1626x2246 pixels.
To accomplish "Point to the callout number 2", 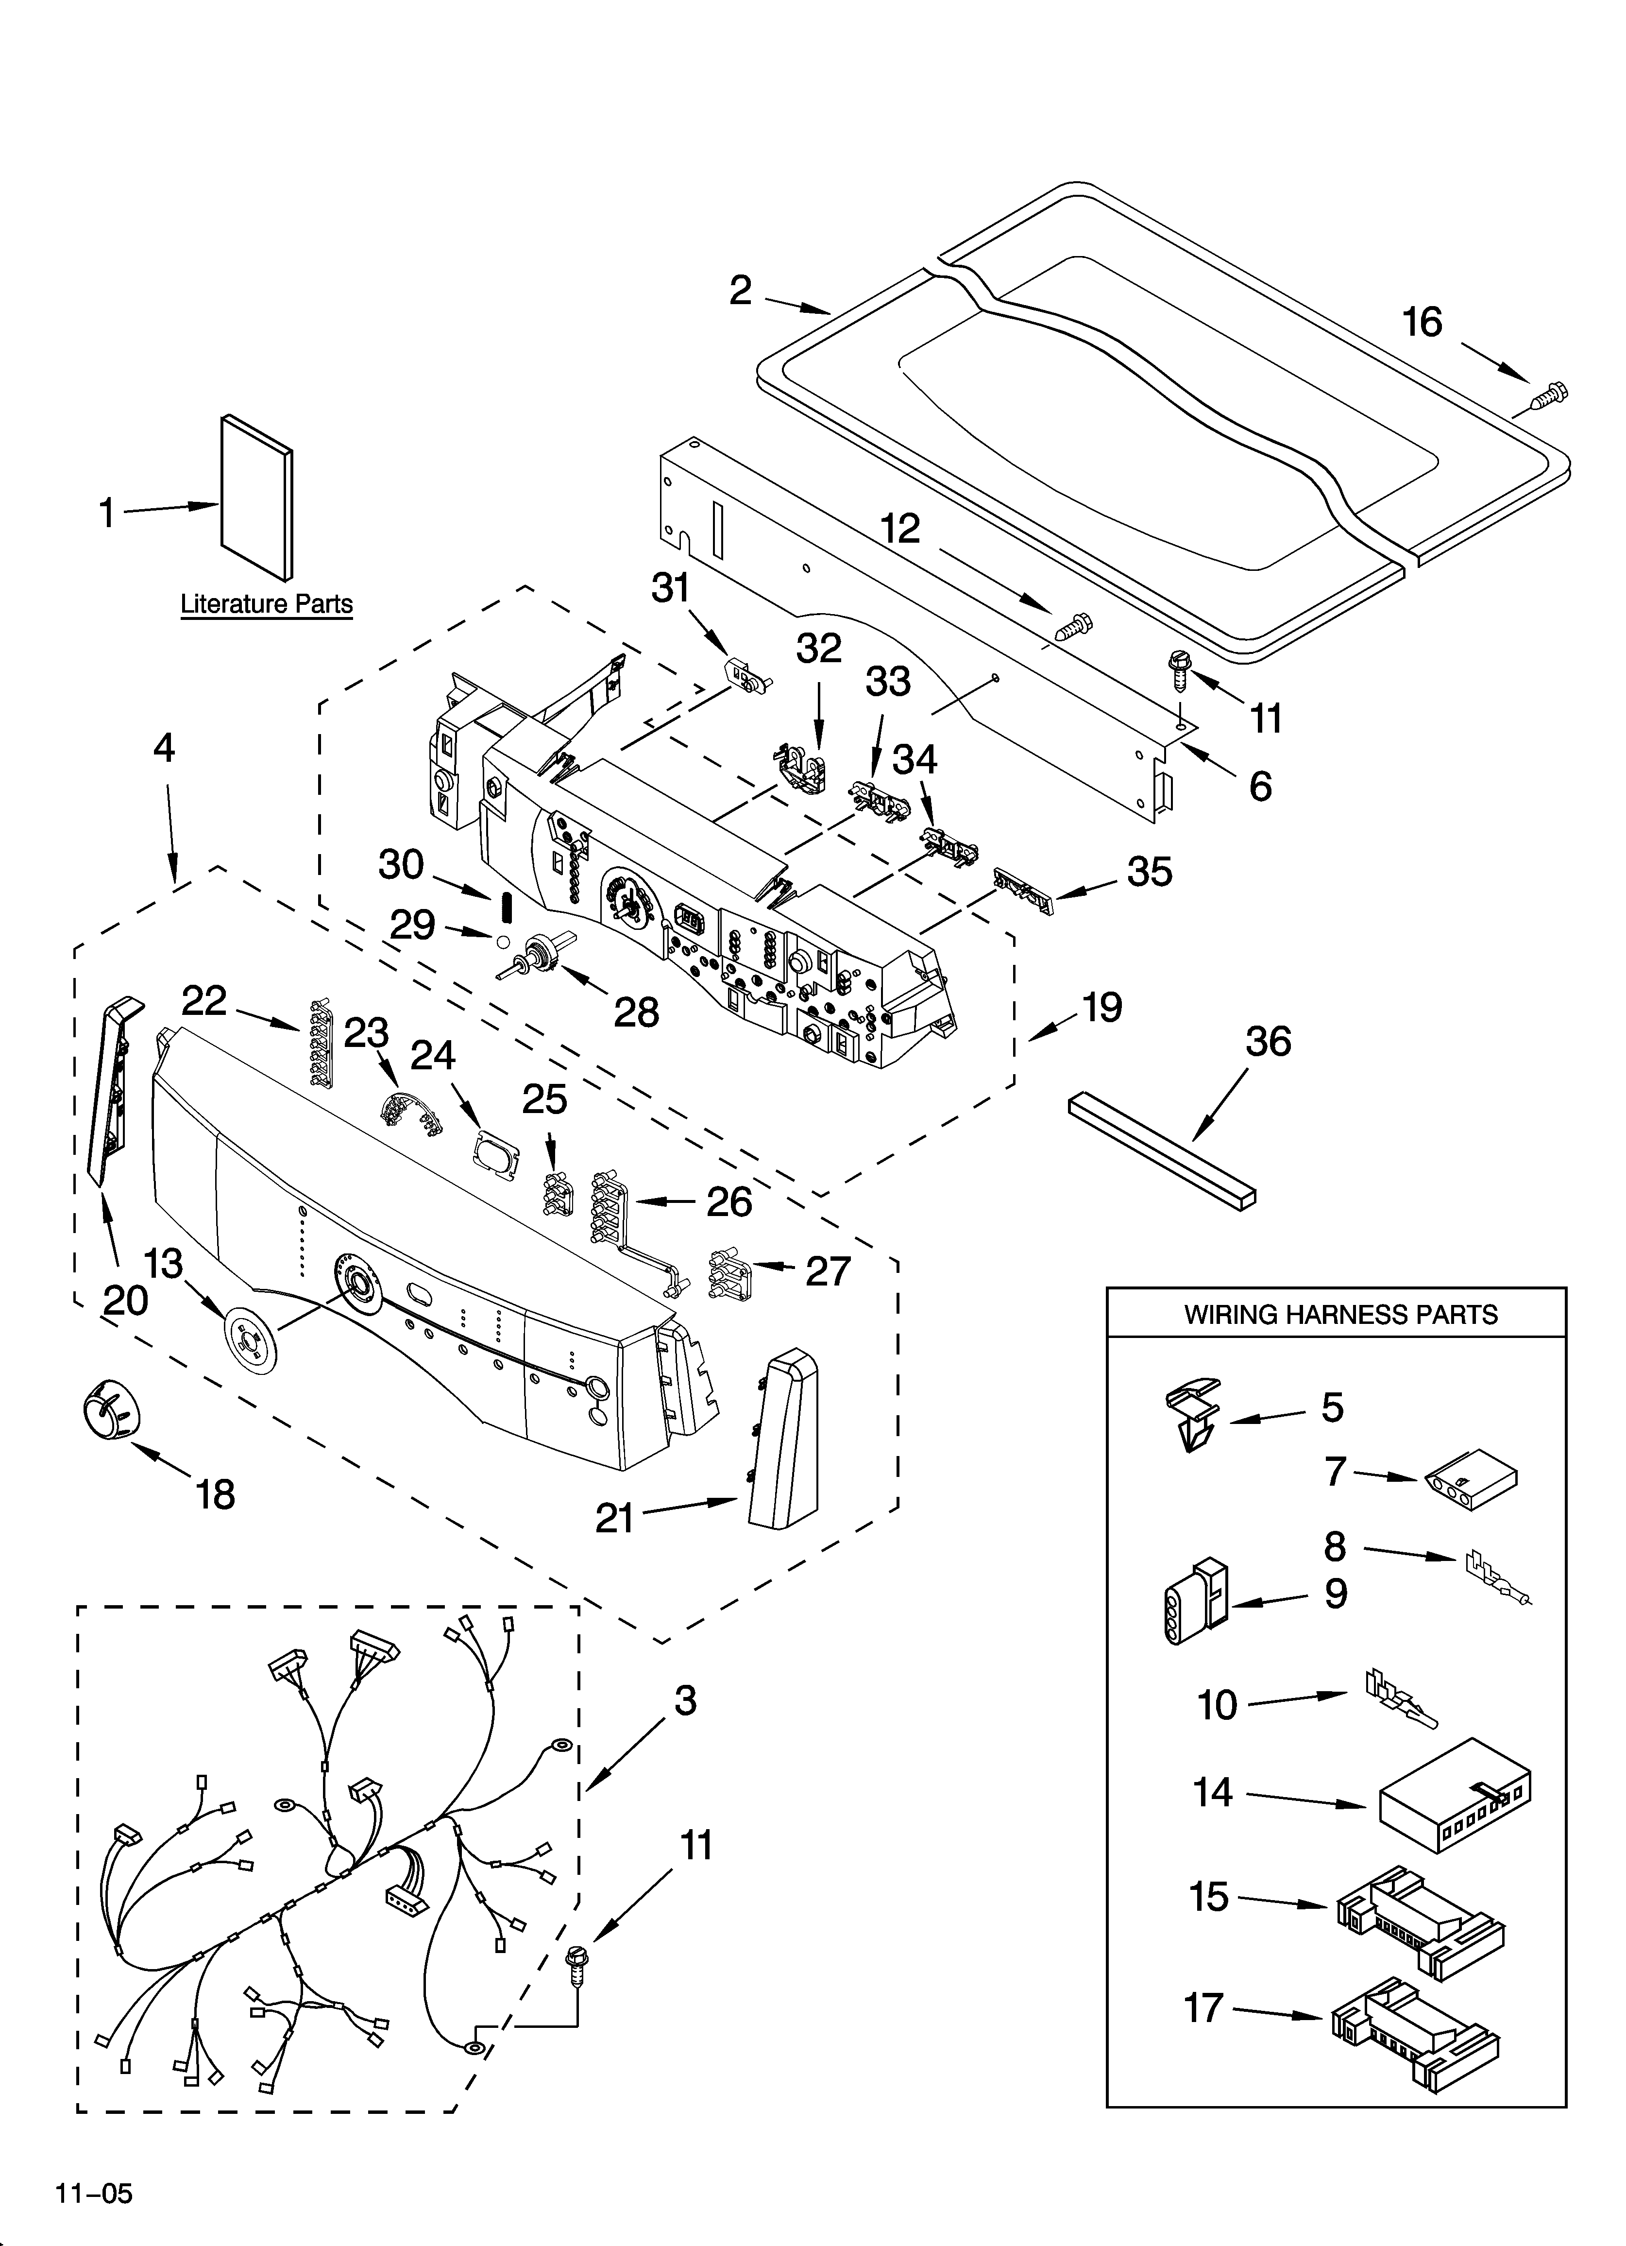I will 741,290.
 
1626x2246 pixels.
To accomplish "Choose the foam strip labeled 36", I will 1164,1149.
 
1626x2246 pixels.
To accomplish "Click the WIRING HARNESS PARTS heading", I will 1341,1314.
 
